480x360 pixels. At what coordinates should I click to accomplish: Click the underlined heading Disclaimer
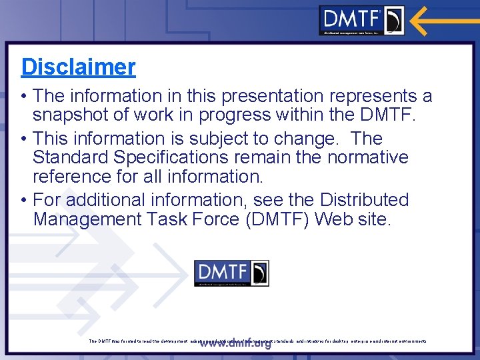tap(78, 67)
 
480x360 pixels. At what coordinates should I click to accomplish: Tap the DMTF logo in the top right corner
tap(361, 20)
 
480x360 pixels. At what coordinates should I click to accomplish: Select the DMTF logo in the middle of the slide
tap(231, 273)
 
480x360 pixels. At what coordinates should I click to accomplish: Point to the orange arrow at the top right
tap(443, 20)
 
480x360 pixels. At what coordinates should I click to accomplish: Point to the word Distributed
tap(364, 200)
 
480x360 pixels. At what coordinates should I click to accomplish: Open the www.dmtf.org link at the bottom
tap(235, 344)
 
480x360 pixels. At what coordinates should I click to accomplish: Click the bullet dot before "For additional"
tap(24, 200)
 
